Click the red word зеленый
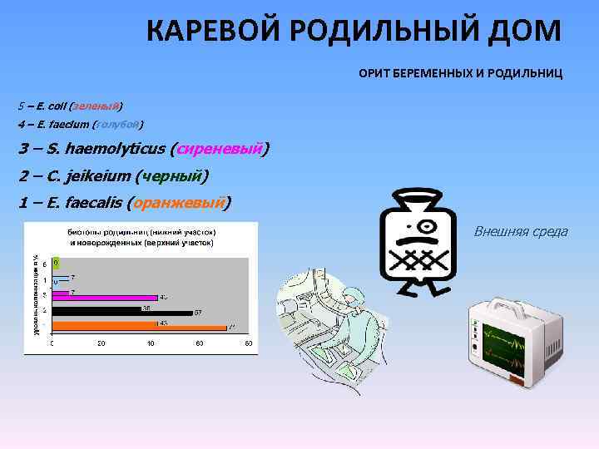click(97, 106)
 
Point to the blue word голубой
click(117, 125)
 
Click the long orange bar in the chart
click(138, 327)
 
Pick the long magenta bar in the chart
click(105, 296)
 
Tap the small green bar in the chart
click(55, 262)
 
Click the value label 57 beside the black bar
click(198, 313)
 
